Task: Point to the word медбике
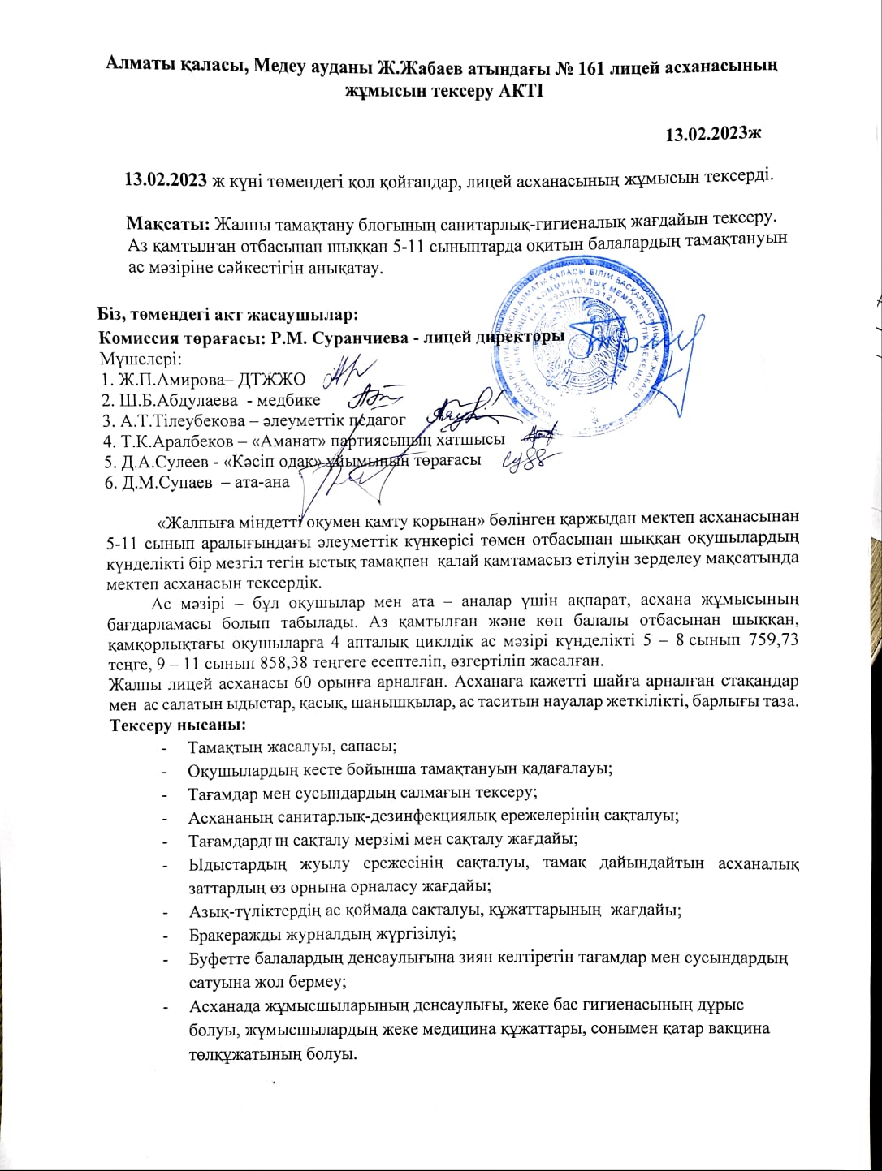[290, 399]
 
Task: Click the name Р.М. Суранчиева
[336, 337]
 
